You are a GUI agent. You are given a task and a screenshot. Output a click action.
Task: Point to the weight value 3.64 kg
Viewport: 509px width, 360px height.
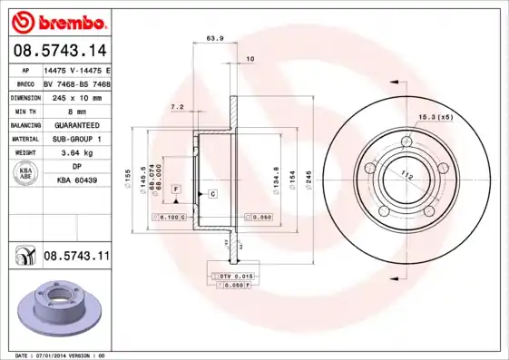tap(76, 153)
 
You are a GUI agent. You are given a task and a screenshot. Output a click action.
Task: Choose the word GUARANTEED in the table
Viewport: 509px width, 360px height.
tap(76, 125)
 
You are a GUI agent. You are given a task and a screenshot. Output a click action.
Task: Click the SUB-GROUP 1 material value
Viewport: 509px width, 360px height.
tap(76, 139)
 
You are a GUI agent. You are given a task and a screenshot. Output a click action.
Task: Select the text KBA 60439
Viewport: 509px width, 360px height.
tap(76, 181)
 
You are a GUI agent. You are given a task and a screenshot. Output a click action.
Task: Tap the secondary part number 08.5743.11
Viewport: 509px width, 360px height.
tap(76, 258)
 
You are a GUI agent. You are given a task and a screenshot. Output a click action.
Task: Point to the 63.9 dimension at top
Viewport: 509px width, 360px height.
tap(216, 38)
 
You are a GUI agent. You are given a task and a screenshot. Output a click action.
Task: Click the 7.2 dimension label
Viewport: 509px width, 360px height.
tap(178, 107)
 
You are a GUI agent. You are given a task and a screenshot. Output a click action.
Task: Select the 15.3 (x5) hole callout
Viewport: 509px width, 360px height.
tap(436, 116)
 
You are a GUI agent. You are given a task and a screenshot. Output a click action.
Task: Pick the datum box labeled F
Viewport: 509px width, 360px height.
tap(176, 188)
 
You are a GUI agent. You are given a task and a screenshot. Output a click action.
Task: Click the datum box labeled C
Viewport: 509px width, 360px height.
tap(211, 194)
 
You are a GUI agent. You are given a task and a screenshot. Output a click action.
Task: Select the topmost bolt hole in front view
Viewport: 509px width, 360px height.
tap(406, 142)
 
